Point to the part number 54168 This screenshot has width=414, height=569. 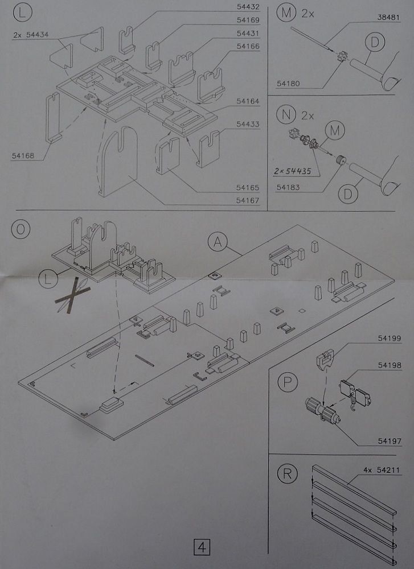click(x=23, y=154)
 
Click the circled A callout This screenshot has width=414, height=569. click(x=217, y=242)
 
